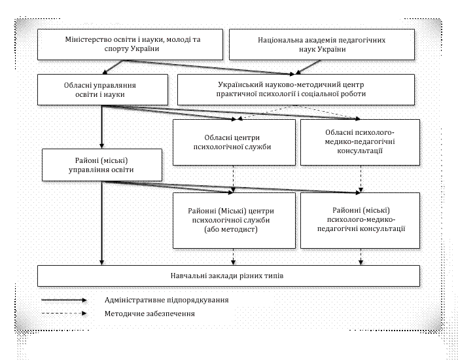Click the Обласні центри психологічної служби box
pyautogui.click(x=233, y=142)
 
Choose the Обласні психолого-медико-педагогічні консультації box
pyautogui.click(x=358, y=142)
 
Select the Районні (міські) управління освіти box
pyautogui.click(x=101, y=164)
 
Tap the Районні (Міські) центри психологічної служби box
pyautogui.click(x=233, y=221)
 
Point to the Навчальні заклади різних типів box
pyautogui.click(x=227, y=276)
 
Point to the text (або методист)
pyautogui.click(x=233, y=231)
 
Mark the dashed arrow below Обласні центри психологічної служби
pyautogui.click(x=234, y=178)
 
